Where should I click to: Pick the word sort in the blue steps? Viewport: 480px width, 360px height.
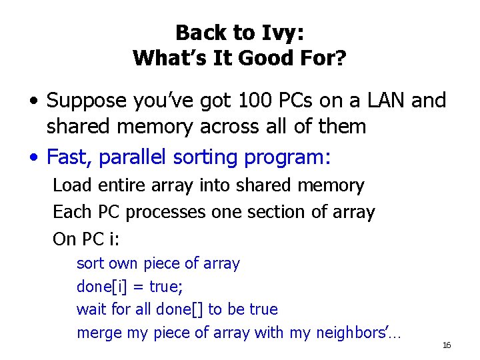point(90,264)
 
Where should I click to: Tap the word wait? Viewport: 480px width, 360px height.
point(91,309)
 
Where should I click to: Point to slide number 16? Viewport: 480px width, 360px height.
point(447,345)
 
